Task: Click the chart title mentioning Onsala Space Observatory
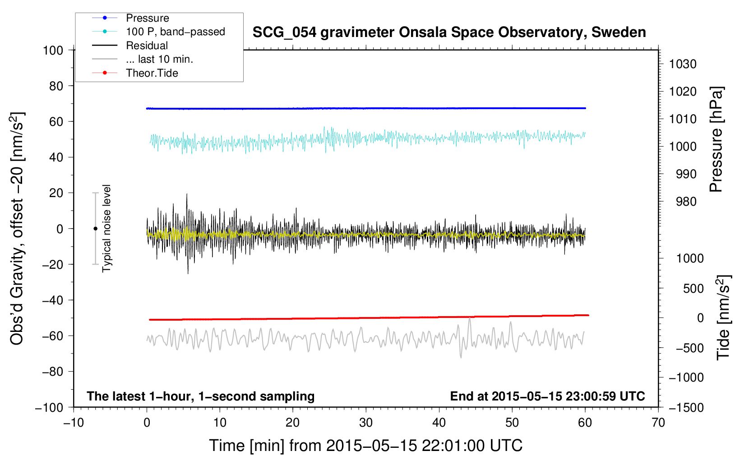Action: click(449, 32)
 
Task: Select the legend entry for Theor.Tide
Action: click(152, 73)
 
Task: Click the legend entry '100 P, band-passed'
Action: click(176, 32)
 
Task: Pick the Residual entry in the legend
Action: click(147, 46)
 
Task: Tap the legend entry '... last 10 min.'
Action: click(159, 59)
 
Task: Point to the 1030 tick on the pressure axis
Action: click(683, 64)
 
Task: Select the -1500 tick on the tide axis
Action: click(686, 407)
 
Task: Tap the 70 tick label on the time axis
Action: click(658, 423)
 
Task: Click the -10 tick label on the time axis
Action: click(74, 423)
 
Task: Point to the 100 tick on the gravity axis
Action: click(53, 50)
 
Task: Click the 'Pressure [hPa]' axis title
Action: click(716, 139)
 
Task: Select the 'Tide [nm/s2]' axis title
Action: click(723, 317)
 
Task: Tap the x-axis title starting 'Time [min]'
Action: click(366, 446)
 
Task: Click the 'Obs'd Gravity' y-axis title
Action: click(17, 229)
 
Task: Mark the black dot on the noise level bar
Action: click(95, 229)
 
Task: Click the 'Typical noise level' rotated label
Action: click(106, 229)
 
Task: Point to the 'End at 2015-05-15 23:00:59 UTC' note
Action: click(547, 396)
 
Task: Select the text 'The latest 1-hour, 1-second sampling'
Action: click(201, 396)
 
